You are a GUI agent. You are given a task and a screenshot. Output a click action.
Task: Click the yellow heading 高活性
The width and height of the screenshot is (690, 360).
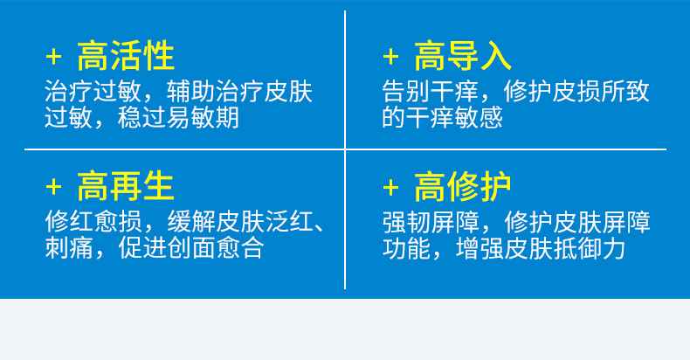click(x=126, y=56)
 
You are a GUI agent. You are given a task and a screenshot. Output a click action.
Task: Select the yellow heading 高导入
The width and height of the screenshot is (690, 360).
click(x=463, y=56)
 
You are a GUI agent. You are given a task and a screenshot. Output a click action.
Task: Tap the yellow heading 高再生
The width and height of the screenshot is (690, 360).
click(x=126, y=186)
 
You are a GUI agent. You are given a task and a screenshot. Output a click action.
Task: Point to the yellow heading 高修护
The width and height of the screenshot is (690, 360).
click(x=463, y=186)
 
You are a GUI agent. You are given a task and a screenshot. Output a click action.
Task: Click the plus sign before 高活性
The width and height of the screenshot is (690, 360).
click(x=53, y=57)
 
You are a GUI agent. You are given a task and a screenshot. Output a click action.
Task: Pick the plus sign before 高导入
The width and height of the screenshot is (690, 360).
click(x=390, y=57)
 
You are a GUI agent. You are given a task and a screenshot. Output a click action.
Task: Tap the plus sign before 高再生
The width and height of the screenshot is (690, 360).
click(x=53, y=188)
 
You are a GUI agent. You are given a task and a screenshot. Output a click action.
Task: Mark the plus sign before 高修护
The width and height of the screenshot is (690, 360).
click(x=390, y=188)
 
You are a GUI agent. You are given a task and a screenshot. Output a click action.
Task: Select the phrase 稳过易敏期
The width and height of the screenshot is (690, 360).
click(x=178, y=117)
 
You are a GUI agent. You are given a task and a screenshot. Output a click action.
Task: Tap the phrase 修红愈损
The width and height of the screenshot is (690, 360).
click(x=93, y=222)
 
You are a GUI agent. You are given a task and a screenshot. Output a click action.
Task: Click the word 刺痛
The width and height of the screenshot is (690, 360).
click(x=69, y=247)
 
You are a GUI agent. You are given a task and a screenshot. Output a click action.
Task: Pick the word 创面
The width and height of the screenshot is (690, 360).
click(x=190, y=247)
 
